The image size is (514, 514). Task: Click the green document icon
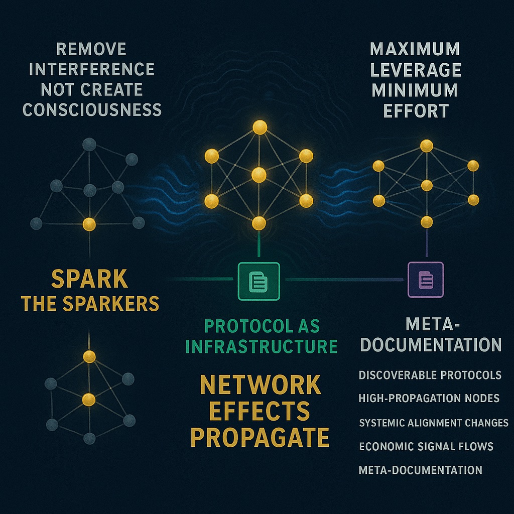pyautogui.click(x=259, y=281)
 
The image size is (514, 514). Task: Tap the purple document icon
pyautogui.click(x=426, y=280)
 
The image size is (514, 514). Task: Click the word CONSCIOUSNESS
pyautogui.click(x=92, y=109)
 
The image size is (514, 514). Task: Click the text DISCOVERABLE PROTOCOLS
pyautogui.click(x=430, y=375)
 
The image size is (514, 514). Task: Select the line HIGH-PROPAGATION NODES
pyautogui.click(x=429, y=399)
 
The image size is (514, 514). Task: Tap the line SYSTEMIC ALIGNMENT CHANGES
pyautogui.click(x=434, y=423)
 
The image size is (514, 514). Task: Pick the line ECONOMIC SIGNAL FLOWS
pyautogui.click(x=426, y=446)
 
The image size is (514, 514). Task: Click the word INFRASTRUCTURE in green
pyautogui.click(x=261, y=346)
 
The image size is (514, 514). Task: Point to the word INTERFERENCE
pyautogui.click(x=91, y=69)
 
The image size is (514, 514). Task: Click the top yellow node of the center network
pyautogui.click(x=260, y=127)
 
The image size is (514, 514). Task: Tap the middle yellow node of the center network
pyautogui.click(x=259, y=175)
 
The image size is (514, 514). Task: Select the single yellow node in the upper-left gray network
pyautogui.click(x=89, y=224)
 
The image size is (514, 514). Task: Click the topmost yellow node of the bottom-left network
pyautogui.click(x=89, y=357)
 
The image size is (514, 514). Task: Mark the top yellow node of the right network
pyautogui.click(x=427, y=146)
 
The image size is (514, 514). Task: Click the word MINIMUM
pyautogui.click(x=414, y=90)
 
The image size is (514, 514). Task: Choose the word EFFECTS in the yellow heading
pyautogui.click(x=260, y=411)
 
